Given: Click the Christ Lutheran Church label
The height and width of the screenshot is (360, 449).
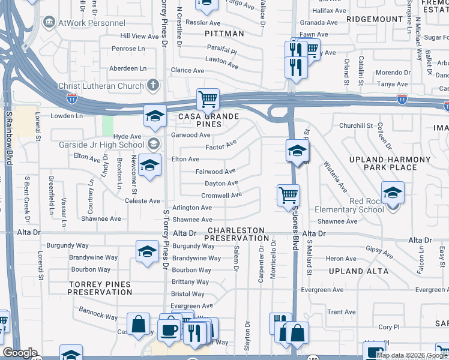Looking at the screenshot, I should click(x=101, y=86).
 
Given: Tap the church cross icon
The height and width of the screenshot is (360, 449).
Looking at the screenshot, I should click(x=153, y=85).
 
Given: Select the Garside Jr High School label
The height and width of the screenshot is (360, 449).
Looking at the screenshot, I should click(x=101, y=145).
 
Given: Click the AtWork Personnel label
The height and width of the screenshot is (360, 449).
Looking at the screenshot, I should click(x=85, y=23).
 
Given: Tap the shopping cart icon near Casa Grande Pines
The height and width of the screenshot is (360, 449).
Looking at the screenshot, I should click(x=208, y=99).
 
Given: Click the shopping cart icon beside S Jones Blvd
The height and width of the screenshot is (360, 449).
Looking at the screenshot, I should click(x=288, y=195).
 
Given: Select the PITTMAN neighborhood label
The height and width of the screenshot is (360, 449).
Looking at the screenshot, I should click(x=224, y=34).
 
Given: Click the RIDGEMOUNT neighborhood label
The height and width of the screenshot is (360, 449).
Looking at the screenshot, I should click(x=375, y=19).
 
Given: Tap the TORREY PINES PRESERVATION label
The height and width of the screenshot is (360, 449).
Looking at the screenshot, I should click(x=99, y=287).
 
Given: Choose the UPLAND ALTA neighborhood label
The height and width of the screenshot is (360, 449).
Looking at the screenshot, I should click(x=355, y=271).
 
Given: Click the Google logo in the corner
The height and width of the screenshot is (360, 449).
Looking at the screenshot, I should click(x=19, y=353).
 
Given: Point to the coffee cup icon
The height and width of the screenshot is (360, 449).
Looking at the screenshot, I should click(x=167, y=329).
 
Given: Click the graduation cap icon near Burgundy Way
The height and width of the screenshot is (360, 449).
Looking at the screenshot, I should click(x=147, y=253).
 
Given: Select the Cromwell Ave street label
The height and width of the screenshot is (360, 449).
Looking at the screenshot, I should click(x=221, y=195).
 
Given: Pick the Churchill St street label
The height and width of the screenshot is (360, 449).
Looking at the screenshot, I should click(x=356, y=125).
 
